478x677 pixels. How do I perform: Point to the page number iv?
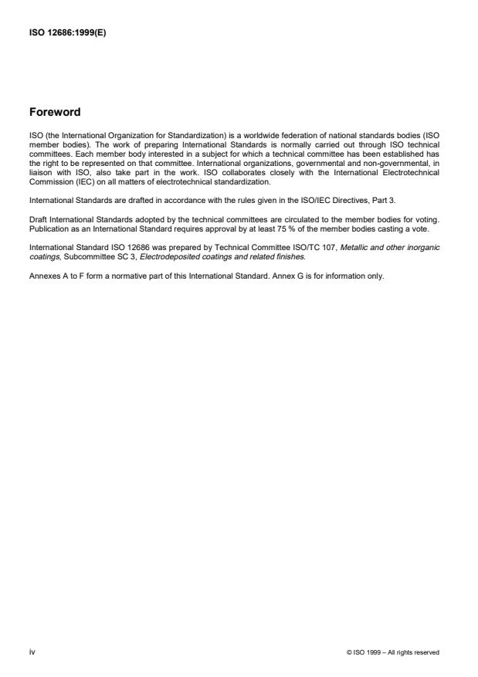coord(32,652)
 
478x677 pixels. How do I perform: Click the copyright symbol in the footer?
coord(351,652)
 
